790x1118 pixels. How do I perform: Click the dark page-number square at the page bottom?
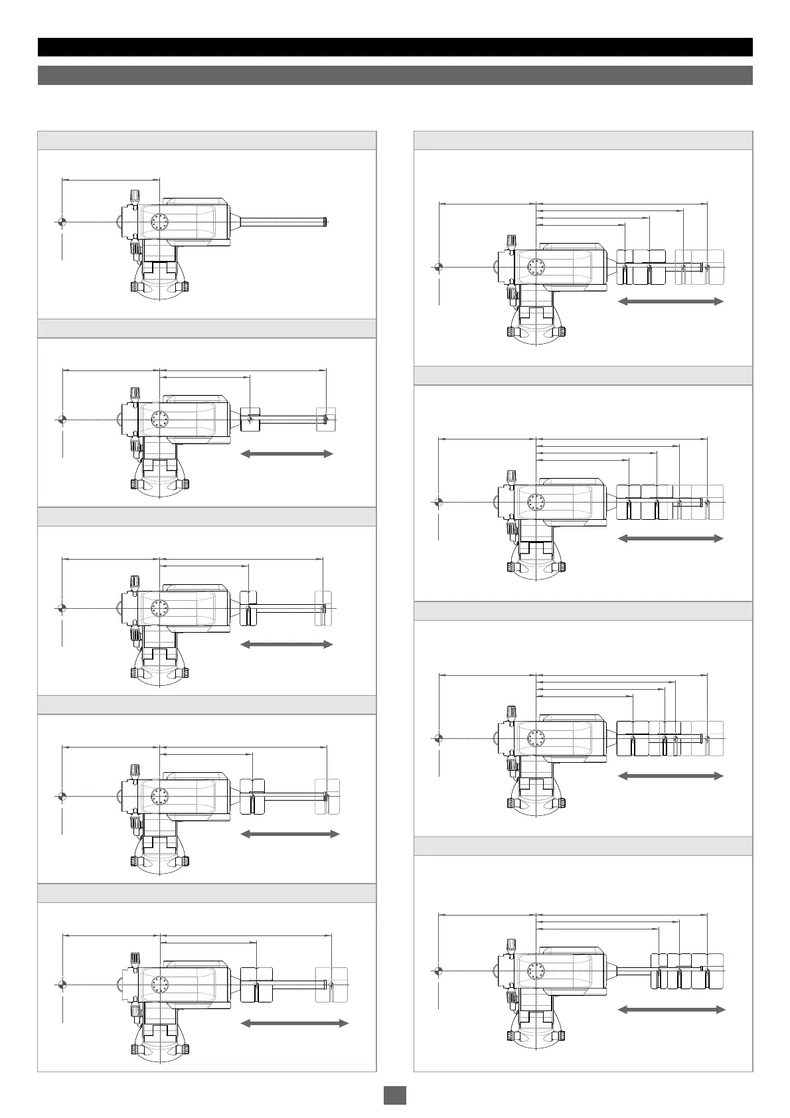click(395, 1095)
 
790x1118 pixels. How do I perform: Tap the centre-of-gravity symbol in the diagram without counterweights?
click(61, 221)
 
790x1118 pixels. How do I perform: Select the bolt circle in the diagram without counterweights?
click(160, 222)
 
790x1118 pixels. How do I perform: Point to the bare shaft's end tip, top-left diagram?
click(328, 221)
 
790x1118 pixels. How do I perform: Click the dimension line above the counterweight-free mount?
click(110, 179)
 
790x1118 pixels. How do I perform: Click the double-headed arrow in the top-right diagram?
click(671, 301)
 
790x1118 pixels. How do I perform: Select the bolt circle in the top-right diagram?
click(535, 267)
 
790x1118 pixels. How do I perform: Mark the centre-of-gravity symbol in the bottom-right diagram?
click(438, 971)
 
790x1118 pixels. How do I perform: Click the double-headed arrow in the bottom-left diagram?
click(294, 1023)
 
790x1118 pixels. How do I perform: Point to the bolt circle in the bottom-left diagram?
click(160, 983)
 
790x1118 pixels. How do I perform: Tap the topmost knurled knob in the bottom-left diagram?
click(135, 958)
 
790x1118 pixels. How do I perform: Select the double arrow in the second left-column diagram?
click(286, 454)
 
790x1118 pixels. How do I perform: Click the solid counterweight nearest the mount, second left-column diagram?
click(249, 419)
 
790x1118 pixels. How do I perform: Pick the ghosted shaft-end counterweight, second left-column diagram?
click(326, 419)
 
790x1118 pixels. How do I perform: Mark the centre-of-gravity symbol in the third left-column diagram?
click(61, 608)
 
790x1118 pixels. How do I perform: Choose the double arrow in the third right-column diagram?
click(671, 775)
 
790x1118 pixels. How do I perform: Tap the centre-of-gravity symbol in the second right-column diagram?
click(438, 502)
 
